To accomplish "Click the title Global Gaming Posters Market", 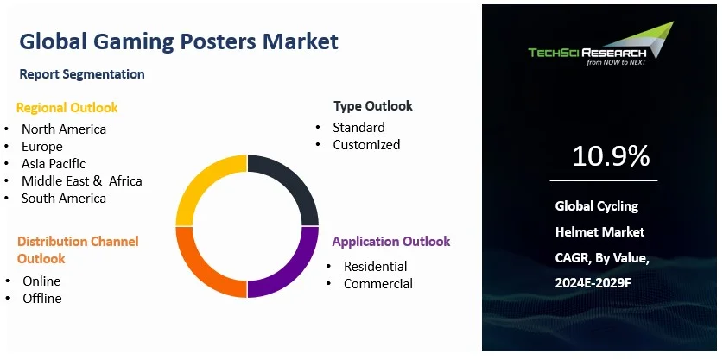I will coord(179,41).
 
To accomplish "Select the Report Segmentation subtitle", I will coord(82,74).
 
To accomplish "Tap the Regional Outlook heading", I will coord(67,108).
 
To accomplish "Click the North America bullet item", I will coord(64,129).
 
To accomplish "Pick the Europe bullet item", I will coord(42,147).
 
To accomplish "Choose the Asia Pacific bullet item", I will coord(54,164).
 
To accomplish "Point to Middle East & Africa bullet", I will coord(82,181).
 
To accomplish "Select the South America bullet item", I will coord(64,199).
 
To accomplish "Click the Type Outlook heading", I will coord(372,106).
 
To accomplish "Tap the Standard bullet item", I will coord(358,128).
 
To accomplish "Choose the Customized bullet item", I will coord(366,145).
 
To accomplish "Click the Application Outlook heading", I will coord(390,242).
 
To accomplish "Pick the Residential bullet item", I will coord(375,266).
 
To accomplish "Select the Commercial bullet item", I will coord(377,283).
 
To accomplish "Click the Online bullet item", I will coord(41,281).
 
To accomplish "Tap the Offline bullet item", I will coord(42,298).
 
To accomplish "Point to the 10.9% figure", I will coord(611,156).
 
